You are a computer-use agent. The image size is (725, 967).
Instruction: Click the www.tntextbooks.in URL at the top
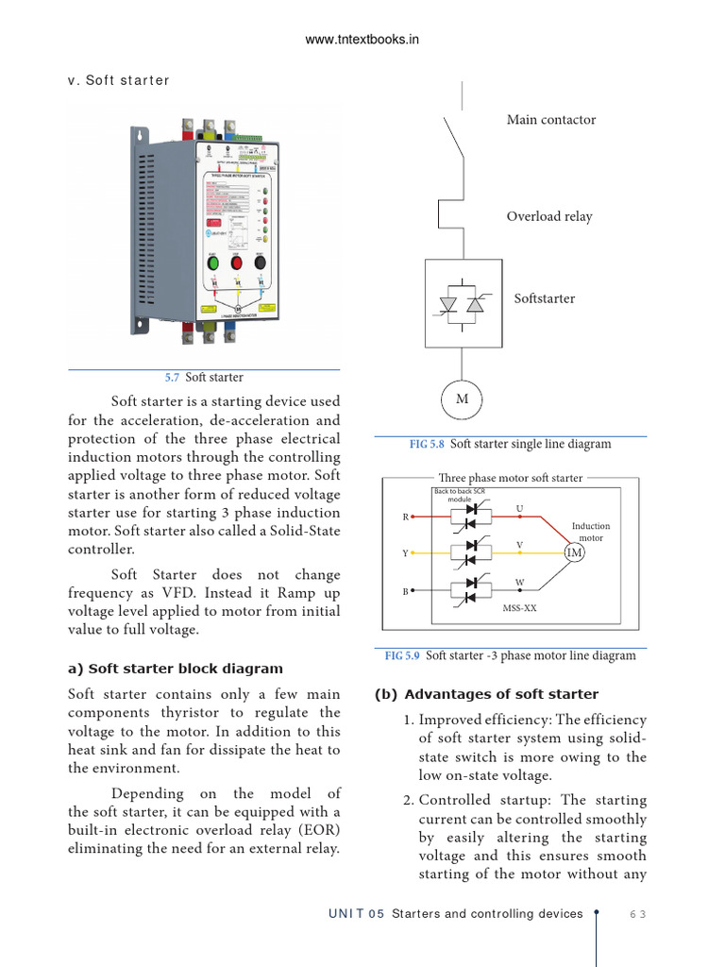coord(362,39)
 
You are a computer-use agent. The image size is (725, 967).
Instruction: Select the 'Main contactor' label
coord(551,120)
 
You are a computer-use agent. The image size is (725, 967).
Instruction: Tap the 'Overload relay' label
coord(549,216)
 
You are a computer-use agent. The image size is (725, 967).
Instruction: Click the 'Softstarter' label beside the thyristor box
coord(544,298)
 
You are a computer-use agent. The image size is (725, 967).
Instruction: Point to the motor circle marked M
coord(462,399)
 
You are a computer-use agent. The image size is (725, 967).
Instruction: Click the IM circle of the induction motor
coord(574,552)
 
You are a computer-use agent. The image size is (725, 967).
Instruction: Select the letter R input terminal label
coord(406,517)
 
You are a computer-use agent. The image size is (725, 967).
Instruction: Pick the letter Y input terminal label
coord(406,553)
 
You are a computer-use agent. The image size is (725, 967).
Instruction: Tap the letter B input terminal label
coord(406,591)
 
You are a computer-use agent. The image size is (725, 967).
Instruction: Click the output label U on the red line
coord(519,509)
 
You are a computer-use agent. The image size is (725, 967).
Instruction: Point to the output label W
coord(519,583)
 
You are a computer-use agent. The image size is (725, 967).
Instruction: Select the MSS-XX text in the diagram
coord(519,608)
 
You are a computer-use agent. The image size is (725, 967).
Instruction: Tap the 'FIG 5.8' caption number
coord(428,444)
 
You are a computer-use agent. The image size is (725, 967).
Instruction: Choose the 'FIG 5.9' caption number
coord(402,655)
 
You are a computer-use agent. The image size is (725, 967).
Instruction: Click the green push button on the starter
coord(213,263)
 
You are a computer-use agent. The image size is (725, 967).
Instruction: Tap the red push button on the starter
coord(237,263)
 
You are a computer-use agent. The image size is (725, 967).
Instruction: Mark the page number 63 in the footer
coord(638,914)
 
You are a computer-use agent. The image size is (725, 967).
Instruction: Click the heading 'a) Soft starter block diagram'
coord(176,670)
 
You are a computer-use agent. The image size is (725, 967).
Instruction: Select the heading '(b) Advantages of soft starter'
coord(486,694)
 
